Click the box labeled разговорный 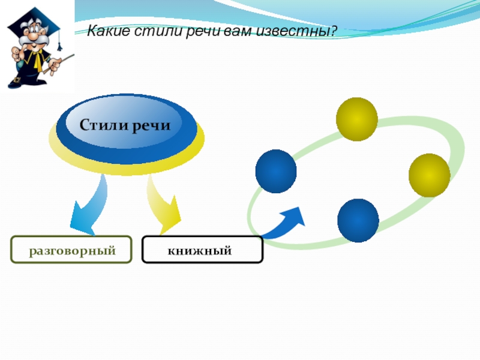pos(71,250)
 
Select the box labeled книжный pos(202,250)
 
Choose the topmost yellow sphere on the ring pos(356,119)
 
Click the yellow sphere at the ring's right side pos(430,175)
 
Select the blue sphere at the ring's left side pos(276,171)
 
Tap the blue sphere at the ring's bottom pos(358,220)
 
